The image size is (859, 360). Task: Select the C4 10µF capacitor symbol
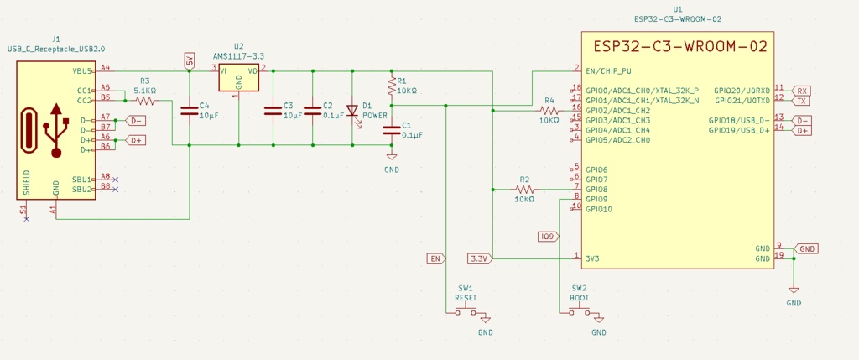(x=190, y=108)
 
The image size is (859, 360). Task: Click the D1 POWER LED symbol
(x=352, y=110)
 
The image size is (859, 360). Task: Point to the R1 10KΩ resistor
(x=391, y=85)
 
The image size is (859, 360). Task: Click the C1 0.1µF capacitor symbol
(x=391, y=129)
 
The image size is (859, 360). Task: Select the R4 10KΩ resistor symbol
(x=549, y=110)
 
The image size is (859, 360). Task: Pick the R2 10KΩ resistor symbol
(x=524, y=190)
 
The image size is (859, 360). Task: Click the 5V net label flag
(x=190, y=60)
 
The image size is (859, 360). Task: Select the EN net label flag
(x=435, y=258)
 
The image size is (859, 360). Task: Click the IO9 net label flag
(x=547, y=237)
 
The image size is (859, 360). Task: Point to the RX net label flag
(x=802, y=91)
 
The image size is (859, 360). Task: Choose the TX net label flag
(x=802, y=101)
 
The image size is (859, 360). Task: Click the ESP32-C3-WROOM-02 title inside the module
(x=679, y=45)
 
